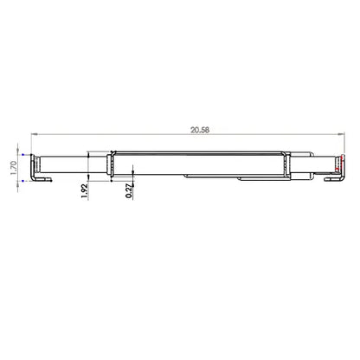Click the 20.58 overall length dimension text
pos(200,130)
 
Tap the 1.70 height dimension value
pos(13,168)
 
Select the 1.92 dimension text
pos(84,191)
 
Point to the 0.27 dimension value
pos(129,191)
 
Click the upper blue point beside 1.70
pos(22,155)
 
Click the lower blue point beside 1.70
pos(22,181)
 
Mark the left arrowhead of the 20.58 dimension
pos(34,134)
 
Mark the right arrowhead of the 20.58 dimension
pos(341,134)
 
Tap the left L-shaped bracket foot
pos(42,180)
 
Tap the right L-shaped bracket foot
pos(334,179)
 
